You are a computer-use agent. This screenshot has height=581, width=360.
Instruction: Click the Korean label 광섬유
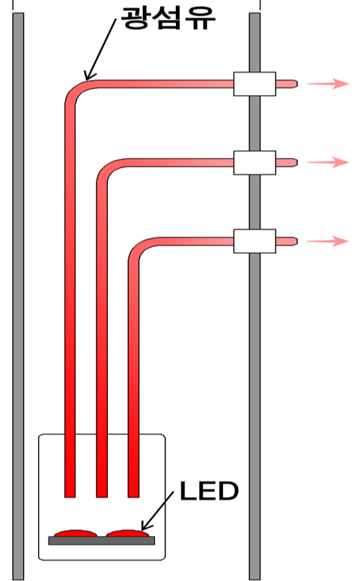coord(168,17)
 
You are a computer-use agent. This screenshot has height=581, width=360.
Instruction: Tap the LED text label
coord(209,491)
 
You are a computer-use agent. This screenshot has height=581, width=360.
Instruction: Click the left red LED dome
coord(76,534)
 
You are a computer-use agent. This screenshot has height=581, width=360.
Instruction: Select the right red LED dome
coord(127,534)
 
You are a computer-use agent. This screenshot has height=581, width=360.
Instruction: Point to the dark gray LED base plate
coord(102,541)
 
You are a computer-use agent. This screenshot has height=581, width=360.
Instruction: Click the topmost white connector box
coord(254,84)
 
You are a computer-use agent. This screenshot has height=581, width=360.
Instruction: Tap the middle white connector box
coord(254,162)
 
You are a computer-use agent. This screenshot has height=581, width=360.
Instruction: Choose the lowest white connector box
coord(254,241)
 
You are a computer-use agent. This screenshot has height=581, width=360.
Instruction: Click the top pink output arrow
coord(328,84)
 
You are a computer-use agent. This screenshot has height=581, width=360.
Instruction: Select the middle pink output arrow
coord(328,162)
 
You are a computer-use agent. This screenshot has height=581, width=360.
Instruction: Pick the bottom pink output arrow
coord(328,241)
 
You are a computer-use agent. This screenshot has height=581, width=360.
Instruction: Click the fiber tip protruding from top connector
coord(287,84)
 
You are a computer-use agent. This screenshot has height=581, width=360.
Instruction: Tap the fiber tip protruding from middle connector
coord(287,162)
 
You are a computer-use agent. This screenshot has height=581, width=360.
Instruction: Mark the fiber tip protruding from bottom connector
coord(287,241)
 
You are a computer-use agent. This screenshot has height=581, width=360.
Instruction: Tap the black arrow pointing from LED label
coord(158,511)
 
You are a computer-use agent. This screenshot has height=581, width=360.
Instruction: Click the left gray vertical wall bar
coord(18,296)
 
